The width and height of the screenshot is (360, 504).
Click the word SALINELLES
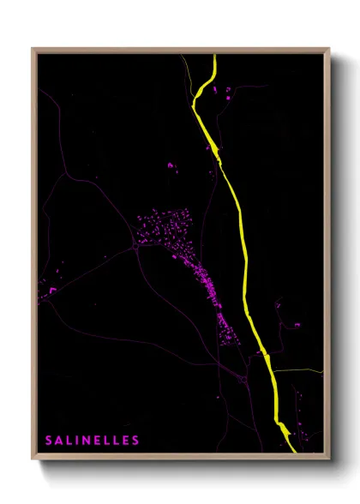pos(93,441)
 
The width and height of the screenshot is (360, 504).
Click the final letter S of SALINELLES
pos(135,441)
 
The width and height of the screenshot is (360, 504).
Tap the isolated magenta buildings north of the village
pos(171,165)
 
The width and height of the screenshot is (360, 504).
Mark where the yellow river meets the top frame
pos(213,56)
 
